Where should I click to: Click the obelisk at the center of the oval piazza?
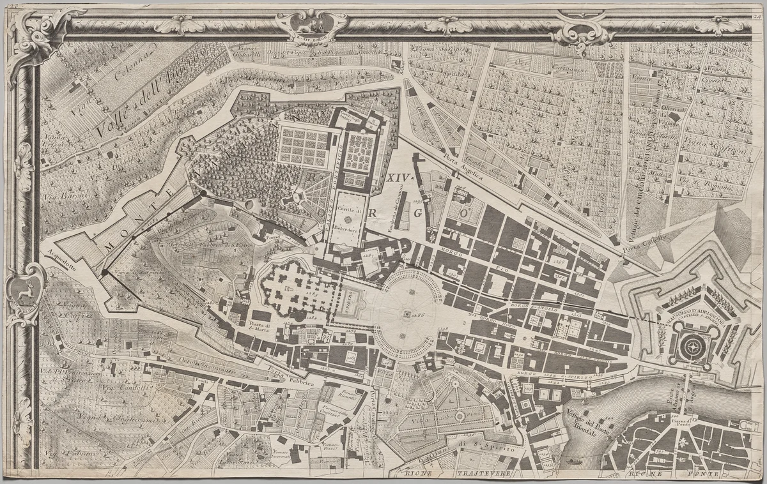point(405,314)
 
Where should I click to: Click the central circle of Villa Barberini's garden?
point(458,416)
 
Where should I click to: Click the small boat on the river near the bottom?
point(573,460)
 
